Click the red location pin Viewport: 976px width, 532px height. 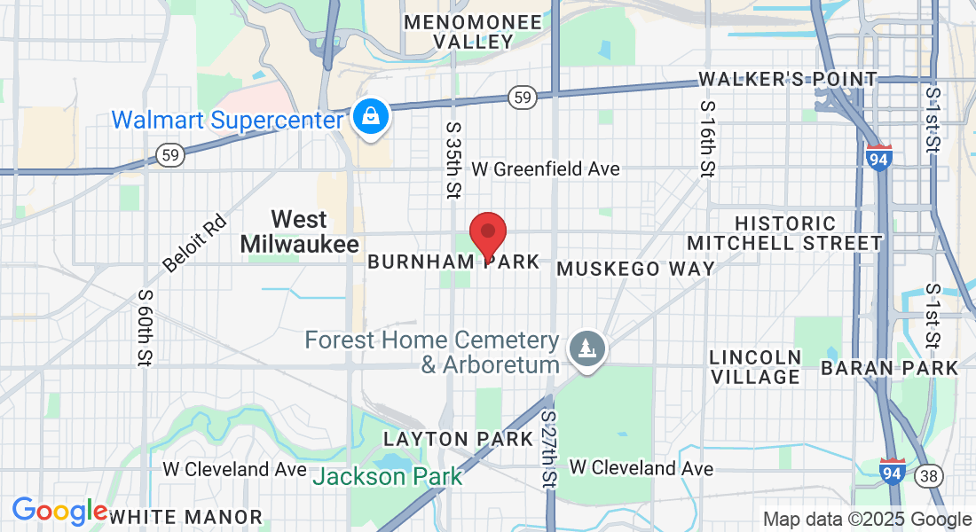487,234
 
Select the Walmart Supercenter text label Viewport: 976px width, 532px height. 226,119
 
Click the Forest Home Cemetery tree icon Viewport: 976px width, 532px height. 586,347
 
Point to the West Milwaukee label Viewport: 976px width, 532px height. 300,231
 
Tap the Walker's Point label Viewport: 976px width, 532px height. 787,79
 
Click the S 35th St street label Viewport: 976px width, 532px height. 454,160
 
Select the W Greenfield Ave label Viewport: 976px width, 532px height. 546,168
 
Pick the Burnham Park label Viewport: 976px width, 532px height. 453,262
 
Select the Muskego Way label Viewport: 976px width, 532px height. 635,269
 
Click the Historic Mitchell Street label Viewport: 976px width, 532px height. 785,233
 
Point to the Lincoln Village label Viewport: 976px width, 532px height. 755,366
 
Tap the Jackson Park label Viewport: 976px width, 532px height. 389,476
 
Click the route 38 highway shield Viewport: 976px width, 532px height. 929,476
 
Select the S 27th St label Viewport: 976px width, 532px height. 549,448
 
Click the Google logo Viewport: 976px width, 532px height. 59,511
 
